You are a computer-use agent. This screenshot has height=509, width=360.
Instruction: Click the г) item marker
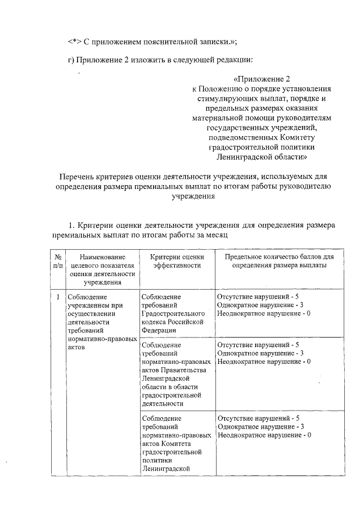tap(70, 60)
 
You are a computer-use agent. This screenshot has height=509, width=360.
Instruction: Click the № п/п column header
tap(58, 262)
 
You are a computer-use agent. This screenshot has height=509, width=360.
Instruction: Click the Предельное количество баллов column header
tap(279, 262)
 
